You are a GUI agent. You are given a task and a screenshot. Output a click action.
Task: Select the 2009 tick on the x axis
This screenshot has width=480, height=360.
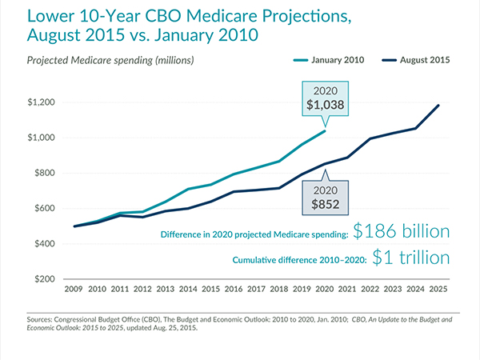(x=75, y=289)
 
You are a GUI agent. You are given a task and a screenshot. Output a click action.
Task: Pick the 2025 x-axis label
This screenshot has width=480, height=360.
(x=438, y=289)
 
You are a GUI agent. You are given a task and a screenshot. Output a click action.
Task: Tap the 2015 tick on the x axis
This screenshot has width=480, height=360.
(x=211, y=289)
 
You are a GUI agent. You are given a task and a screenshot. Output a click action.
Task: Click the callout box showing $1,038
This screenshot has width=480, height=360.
(x=325, y=98)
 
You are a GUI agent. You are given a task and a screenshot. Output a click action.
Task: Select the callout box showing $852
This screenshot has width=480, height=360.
(x=327, y=197)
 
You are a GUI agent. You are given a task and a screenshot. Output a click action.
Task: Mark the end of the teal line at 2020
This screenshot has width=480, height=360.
(x=325, y=131)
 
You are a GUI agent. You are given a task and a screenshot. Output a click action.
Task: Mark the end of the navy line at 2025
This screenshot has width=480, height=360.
(x=438, y=106)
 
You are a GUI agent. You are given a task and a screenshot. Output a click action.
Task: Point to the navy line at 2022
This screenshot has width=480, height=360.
(x=370, y=139)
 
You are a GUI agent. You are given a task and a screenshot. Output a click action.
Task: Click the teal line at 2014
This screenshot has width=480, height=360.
(x=189, y=189)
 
